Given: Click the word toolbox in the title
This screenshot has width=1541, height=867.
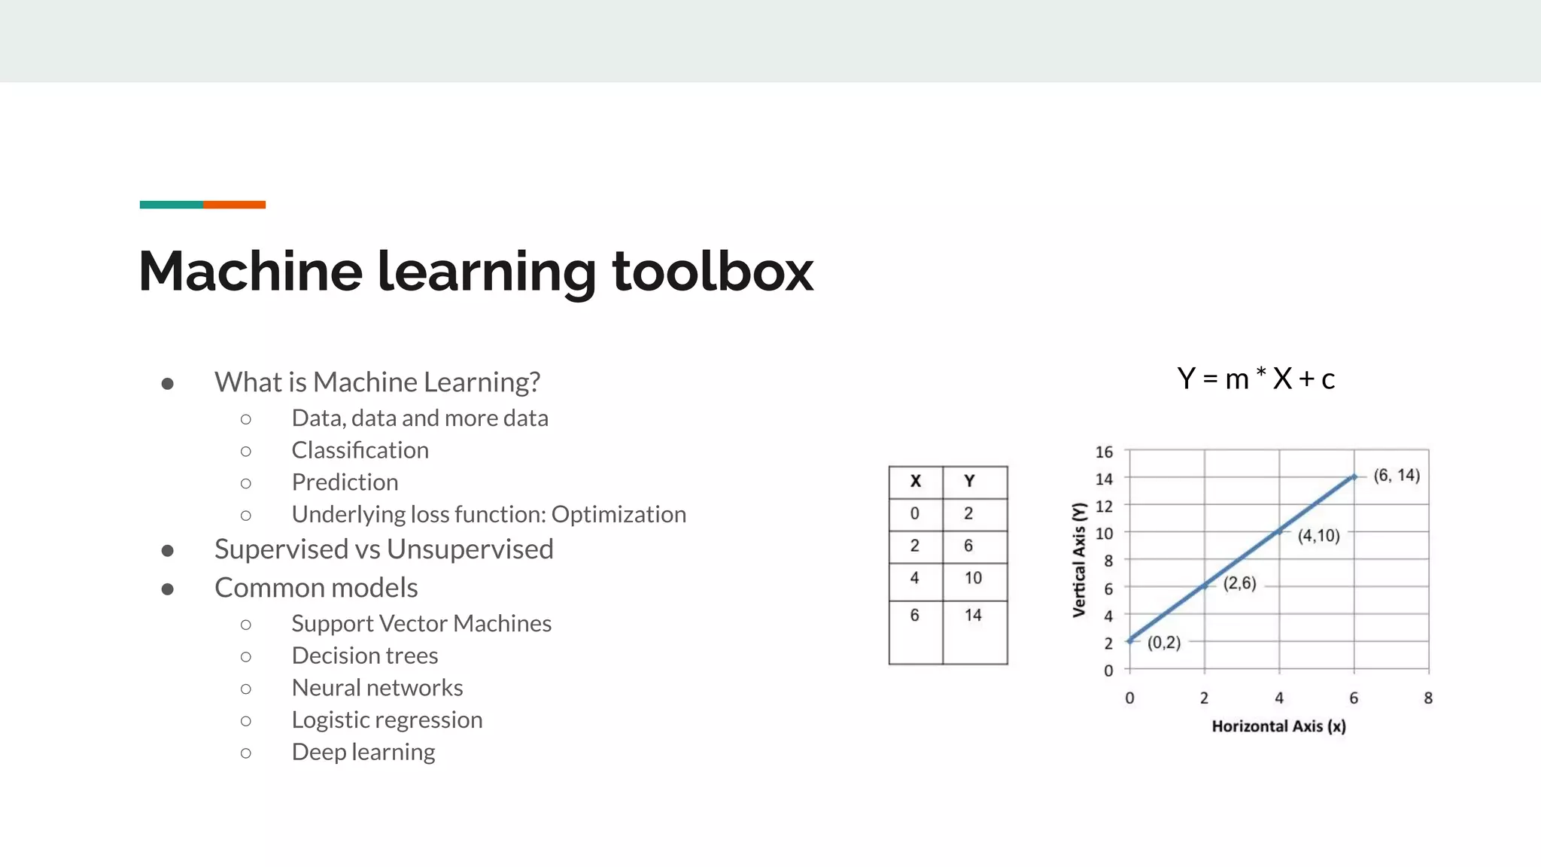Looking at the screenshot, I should pyautogui.click(x=712, y=271).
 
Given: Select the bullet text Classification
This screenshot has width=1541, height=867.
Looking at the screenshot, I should pyautogui.click(x=360, y=450).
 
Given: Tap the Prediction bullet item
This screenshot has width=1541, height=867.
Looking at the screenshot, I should pyautogui.click(x=345, y=482).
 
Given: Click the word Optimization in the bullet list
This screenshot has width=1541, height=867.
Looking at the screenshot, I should pyautogui.click(x=619, y=514).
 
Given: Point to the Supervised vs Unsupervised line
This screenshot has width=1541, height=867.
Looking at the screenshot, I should pyautogui.click(x=384, y=549).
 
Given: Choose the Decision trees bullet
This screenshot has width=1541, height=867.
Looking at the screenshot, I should pyautogui.click(x=364, y=656).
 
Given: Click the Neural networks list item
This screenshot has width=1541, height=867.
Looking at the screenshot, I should pyautogui.click(x=377, y=688).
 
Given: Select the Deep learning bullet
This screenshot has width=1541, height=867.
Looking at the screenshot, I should pyautogui.click(x=363, y=752).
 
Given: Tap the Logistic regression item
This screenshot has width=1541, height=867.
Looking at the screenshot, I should pyautogui.click(x=387, y=720).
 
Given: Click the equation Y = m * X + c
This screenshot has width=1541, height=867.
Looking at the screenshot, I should pyautogui.click(x=1256, y=379).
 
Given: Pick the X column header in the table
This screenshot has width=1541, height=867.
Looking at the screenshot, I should pyautogui.click(x=915, y=482).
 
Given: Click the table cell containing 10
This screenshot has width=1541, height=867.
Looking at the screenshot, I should pyautogui.click(x=973, y=578).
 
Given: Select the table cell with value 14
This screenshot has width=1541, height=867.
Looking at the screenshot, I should pyautogui.click(x=973, y=615).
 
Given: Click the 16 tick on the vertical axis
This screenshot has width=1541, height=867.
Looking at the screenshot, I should pyautogui.click(x=1103, y=452).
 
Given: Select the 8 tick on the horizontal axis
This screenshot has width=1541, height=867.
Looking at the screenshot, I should pyautogui.click(x=1427, y=698).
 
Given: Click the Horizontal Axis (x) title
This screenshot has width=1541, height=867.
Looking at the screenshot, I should pyautogui.click(x=1278, y=726).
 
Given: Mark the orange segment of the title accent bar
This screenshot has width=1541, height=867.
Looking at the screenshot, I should pyautogui.click(x=234, y=205).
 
